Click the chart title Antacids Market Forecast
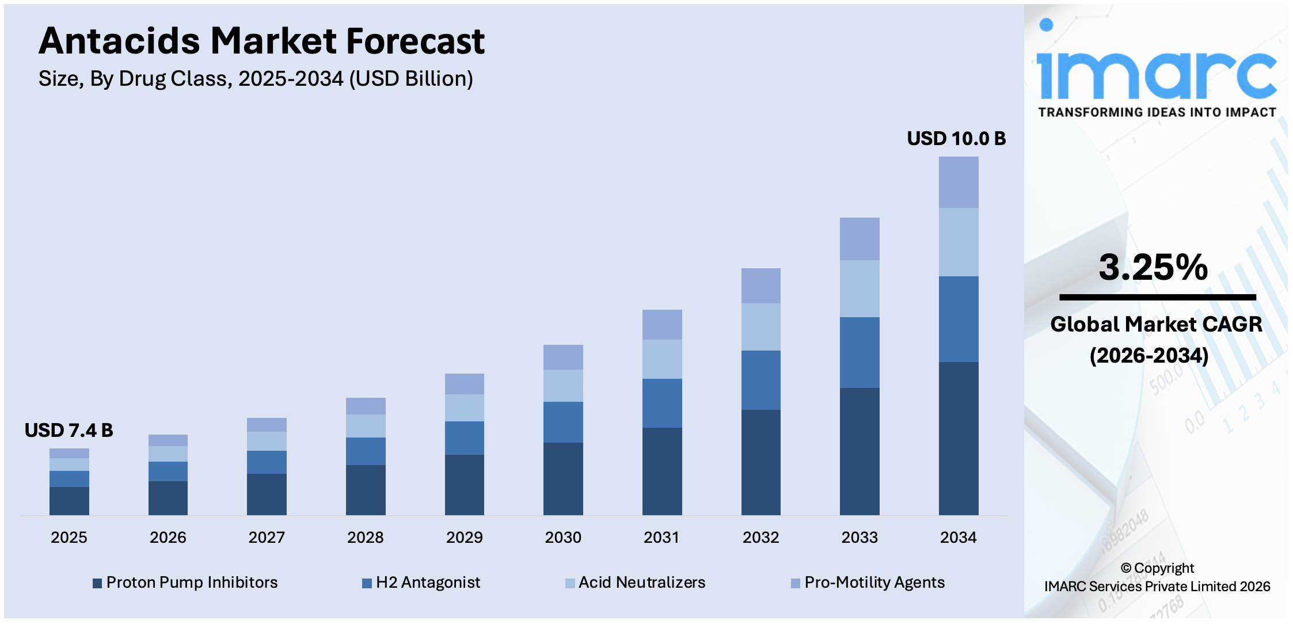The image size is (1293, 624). click(261, 41)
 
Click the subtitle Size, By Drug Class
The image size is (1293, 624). click(256, 79)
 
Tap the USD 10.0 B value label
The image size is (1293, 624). click(956, 139)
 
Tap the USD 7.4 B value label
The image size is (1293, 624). click(69, 431)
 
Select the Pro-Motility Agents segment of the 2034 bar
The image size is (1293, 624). click(958, 182)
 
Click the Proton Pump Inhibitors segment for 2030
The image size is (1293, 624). click(563, 478)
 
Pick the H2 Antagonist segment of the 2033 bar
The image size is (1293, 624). click(859, 352)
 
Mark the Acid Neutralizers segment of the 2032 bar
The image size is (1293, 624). click(760, 327)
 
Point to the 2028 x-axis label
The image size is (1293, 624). click(365, 538)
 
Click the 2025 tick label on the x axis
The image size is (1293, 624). click(69, 538)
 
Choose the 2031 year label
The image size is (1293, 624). click(661, 538)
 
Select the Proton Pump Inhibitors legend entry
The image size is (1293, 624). click(185, 583)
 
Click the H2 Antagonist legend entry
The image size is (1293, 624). click(421, 583)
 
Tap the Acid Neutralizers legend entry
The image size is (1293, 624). click(636, 583)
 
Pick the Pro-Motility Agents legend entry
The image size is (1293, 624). click(868, 583)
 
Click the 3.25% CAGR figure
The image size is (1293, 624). click(1153, 268)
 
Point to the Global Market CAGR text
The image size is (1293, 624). click(1156, 325)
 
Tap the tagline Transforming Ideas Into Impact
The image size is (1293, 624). click(1157, 112)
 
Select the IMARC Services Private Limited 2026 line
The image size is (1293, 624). click(1157, 587)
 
